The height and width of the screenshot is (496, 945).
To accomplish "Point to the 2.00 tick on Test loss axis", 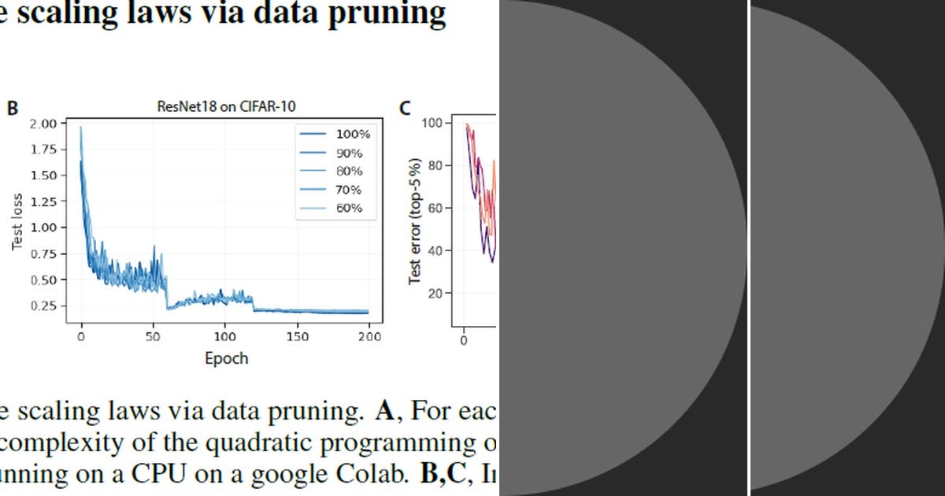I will (44, 123).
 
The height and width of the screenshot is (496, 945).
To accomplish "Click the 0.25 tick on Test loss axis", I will (44, 305).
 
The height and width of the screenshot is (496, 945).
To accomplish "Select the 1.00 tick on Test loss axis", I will (44, 228).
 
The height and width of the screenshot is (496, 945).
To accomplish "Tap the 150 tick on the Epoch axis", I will (297, 337).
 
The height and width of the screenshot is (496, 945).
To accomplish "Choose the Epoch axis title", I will (226, 358).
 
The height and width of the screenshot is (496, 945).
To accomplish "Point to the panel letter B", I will (13, 108).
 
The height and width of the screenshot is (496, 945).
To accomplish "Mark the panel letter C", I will (405, 108).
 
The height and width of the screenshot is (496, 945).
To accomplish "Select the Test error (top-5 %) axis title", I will (415, 221).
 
